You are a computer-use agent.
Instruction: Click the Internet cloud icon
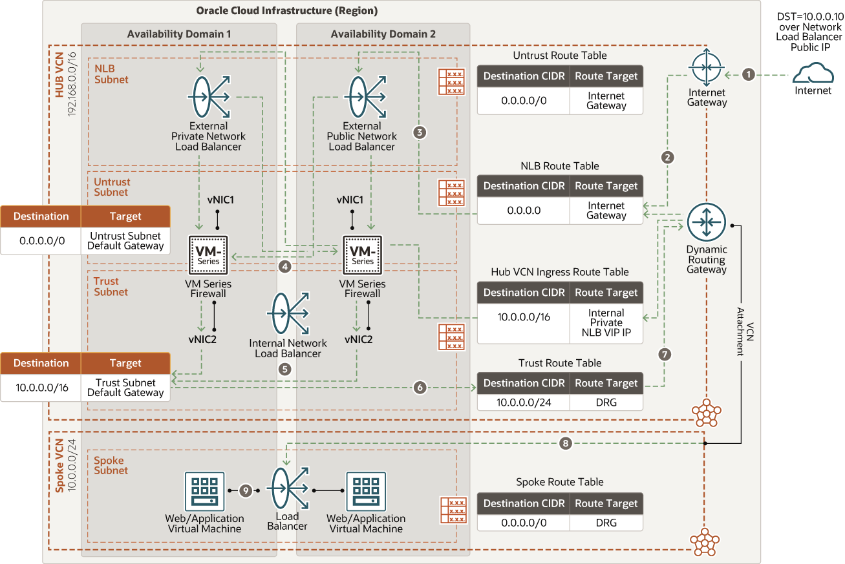[813, 73]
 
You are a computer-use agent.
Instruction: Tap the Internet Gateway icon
[707, 67]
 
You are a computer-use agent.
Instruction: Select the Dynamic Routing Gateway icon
[706, 222]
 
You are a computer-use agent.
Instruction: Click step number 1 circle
[749, 75]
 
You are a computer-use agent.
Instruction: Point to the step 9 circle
[246, 490]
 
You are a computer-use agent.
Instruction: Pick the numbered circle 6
[420, 387]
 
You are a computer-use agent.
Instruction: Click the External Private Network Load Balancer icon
[209, 97]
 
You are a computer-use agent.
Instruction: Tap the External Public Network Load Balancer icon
[365, 97]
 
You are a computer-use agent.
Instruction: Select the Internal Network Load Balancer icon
[288, 313]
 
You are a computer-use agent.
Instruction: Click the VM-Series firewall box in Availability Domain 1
[208, 255]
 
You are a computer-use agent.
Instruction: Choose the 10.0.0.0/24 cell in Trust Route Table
[524, 402]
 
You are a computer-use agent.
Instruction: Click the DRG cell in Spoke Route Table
[606, 523]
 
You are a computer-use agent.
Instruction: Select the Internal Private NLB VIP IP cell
[606, 324]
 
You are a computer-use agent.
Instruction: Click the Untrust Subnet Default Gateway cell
[125, 240]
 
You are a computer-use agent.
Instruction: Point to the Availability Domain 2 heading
[383, 34]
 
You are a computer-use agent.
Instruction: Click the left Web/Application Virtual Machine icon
[204, 491]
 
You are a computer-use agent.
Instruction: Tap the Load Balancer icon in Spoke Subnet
[288, 488]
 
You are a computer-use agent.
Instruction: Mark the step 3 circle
[420, 132]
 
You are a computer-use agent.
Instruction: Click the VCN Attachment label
[745, 331]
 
